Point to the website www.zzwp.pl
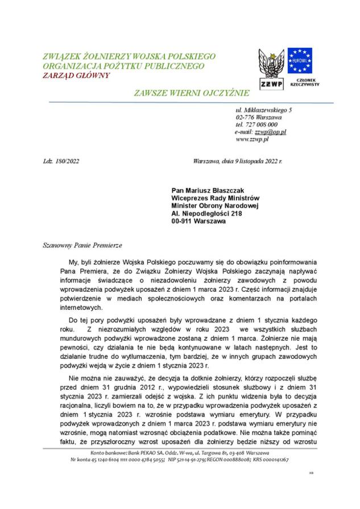tap(252, 138)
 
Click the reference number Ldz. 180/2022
tap(61, 161)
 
